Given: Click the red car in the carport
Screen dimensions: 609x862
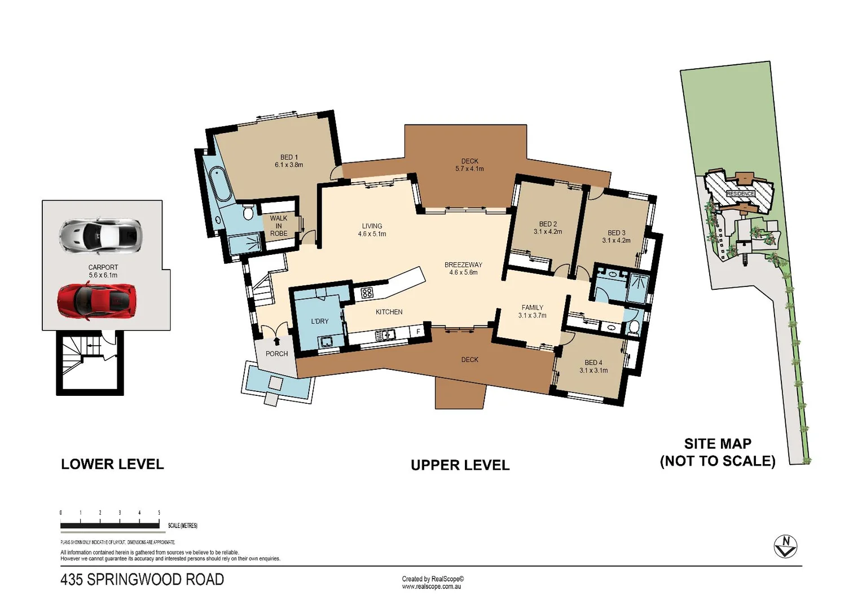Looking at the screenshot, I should (96, 301).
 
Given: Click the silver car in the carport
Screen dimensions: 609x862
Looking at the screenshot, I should (100, 235).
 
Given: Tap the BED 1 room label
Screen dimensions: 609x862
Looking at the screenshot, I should (289, 161).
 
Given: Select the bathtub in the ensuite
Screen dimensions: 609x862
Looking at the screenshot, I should (219, 184).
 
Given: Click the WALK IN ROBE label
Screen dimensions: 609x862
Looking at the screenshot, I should (279, 226).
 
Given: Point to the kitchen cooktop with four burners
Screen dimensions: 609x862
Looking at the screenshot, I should (367, 293).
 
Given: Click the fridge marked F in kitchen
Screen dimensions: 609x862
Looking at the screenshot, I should (418, 332).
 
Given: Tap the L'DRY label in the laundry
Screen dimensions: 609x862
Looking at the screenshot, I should (320, 321).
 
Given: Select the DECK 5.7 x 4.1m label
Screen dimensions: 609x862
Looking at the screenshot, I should (469, 165).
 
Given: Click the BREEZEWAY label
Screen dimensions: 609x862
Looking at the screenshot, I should (463, 268).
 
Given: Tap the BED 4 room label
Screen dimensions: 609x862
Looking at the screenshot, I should (593, 367).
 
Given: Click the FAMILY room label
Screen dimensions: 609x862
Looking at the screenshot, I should (532, 311).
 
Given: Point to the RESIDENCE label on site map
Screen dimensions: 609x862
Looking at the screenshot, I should (740, 193).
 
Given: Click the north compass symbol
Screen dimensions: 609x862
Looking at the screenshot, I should (785, 546).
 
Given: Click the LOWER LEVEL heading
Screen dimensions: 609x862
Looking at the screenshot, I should (112, 464).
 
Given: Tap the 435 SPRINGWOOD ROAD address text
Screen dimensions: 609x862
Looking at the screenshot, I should (142, 580).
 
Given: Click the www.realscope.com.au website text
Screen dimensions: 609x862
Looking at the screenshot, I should (431, 586).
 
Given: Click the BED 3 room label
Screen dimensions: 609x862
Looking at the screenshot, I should (616, 236).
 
